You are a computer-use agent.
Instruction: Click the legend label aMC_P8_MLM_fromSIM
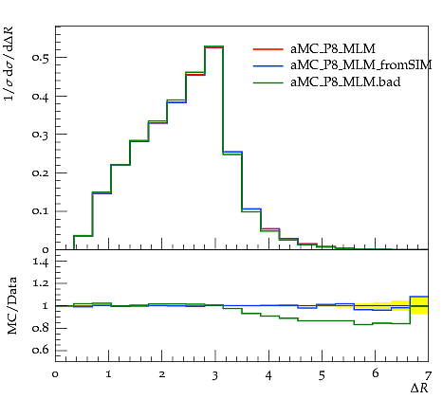click(360, 65)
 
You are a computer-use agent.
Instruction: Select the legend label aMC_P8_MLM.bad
click(345, 82)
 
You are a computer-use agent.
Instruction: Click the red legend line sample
click(268, 49)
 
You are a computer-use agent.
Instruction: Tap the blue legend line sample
click(268, 65)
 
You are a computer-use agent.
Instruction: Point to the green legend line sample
click(268, 82)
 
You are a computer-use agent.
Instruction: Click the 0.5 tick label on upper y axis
click(40, 58)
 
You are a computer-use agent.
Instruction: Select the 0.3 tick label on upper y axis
click(40, 135)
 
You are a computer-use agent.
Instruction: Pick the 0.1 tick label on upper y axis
click(40, 211)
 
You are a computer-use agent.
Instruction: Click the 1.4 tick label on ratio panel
click(41, 262)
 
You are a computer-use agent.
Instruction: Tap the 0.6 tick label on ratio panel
click(40, 350)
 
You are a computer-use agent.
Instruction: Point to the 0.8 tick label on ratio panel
click(40, 328)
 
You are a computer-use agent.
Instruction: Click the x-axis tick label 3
click(215, 376)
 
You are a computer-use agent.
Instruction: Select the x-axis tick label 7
click(428, 376)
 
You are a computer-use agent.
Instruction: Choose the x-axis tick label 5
click(322, 376)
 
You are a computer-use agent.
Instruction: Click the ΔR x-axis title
click(419, 389)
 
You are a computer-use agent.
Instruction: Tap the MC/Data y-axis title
click(12, 306)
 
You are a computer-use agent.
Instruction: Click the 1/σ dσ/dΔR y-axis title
click(9, 63)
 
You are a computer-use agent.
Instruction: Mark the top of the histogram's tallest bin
click(214, 46)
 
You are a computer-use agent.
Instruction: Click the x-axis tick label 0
click(55, 374)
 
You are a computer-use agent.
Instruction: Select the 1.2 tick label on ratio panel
click(41, 283)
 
